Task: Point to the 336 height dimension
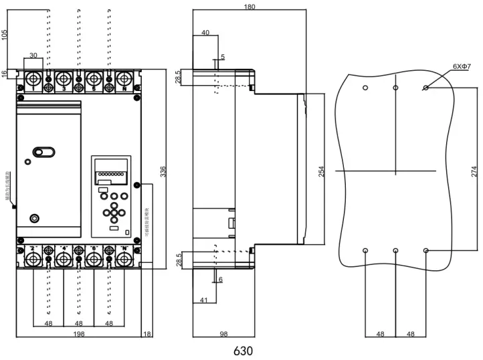[x=162, y=172]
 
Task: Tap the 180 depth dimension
[x=249, y=7]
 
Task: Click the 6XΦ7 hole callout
[x=462, y=67]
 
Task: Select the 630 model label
[x=243, y=350]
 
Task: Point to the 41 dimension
[x=203, y=300]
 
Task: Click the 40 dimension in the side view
[x=205, y=32]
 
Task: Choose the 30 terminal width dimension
[x=33, y=56]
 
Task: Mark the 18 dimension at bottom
[x=147, y=334]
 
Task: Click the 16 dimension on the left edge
[x=5, y=74]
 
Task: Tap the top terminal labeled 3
[x=64, y=81]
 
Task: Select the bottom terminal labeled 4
[x=64, y=256]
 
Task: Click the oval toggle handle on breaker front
[x=43, y=153]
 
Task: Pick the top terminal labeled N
[x=124, y=81]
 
